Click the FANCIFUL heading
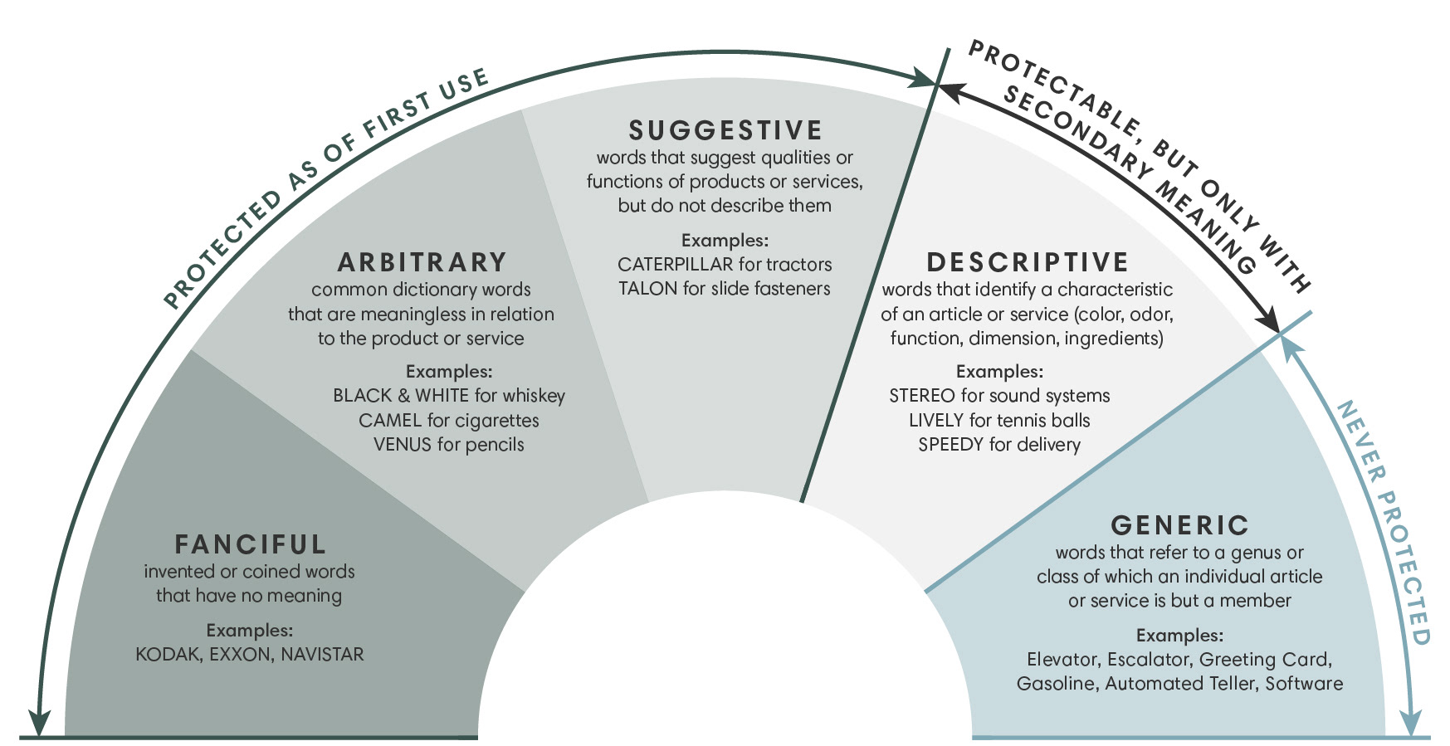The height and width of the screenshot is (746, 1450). [x=250, y=544]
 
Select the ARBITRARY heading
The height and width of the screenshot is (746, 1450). [x=422, y=262]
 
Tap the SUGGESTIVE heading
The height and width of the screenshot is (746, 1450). [x=725, y=130]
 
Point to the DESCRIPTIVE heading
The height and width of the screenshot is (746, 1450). [x=1028, y=262]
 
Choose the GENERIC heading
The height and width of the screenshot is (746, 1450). [x=1179, y=525]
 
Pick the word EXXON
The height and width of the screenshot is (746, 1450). [x=240, y=655]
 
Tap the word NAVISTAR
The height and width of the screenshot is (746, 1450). [x=322, y=655]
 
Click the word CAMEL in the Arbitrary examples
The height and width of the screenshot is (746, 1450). [x=390, y=421]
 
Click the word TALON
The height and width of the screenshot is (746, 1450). [x=647, y=289]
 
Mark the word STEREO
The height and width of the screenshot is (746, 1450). [x=921, y=396]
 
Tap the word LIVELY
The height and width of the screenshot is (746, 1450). [x=935, y=421]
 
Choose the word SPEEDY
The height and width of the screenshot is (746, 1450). [x=950, y=445]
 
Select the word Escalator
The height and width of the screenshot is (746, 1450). [x=1150, y=660]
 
